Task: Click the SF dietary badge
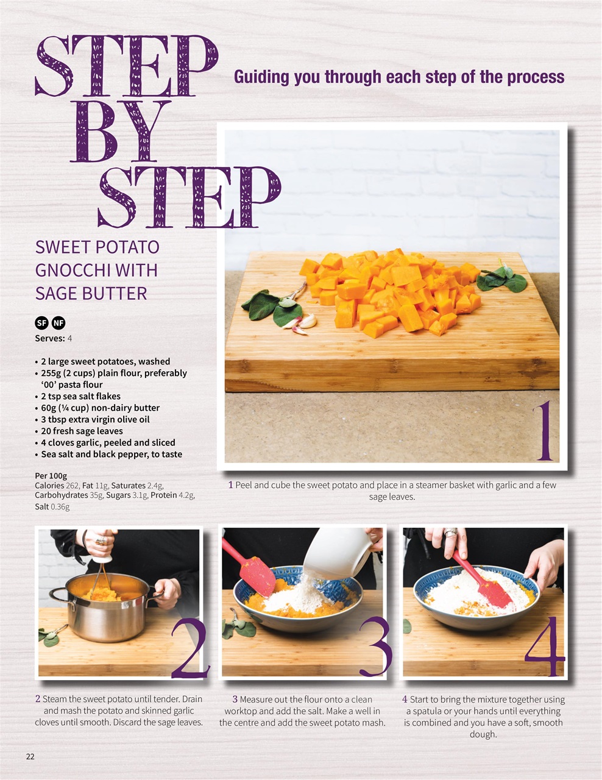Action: tap(42, 323)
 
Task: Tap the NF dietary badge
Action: tap(58, 323)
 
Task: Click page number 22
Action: tap(30, 756)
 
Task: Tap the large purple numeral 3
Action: tap(375, 647)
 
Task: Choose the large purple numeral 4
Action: tap(545, 647)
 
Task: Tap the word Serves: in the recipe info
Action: tap(50, 338)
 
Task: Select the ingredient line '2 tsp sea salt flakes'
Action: tap(80, 396)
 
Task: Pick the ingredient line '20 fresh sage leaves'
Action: tap(82, 431)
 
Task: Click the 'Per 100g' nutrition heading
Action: tap(51, 475)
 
